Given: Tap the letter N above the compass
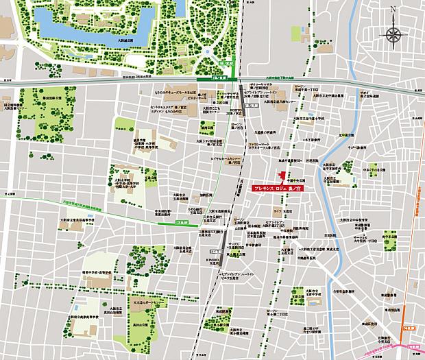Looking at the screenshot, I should pyautogui.click(x=393, y=10).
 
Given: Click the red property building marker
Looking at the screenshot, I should pyautogui.click(x=278, y=174).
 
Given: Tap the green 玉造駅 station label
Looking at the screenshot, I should pyautogui.click(x=182, y=223).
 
